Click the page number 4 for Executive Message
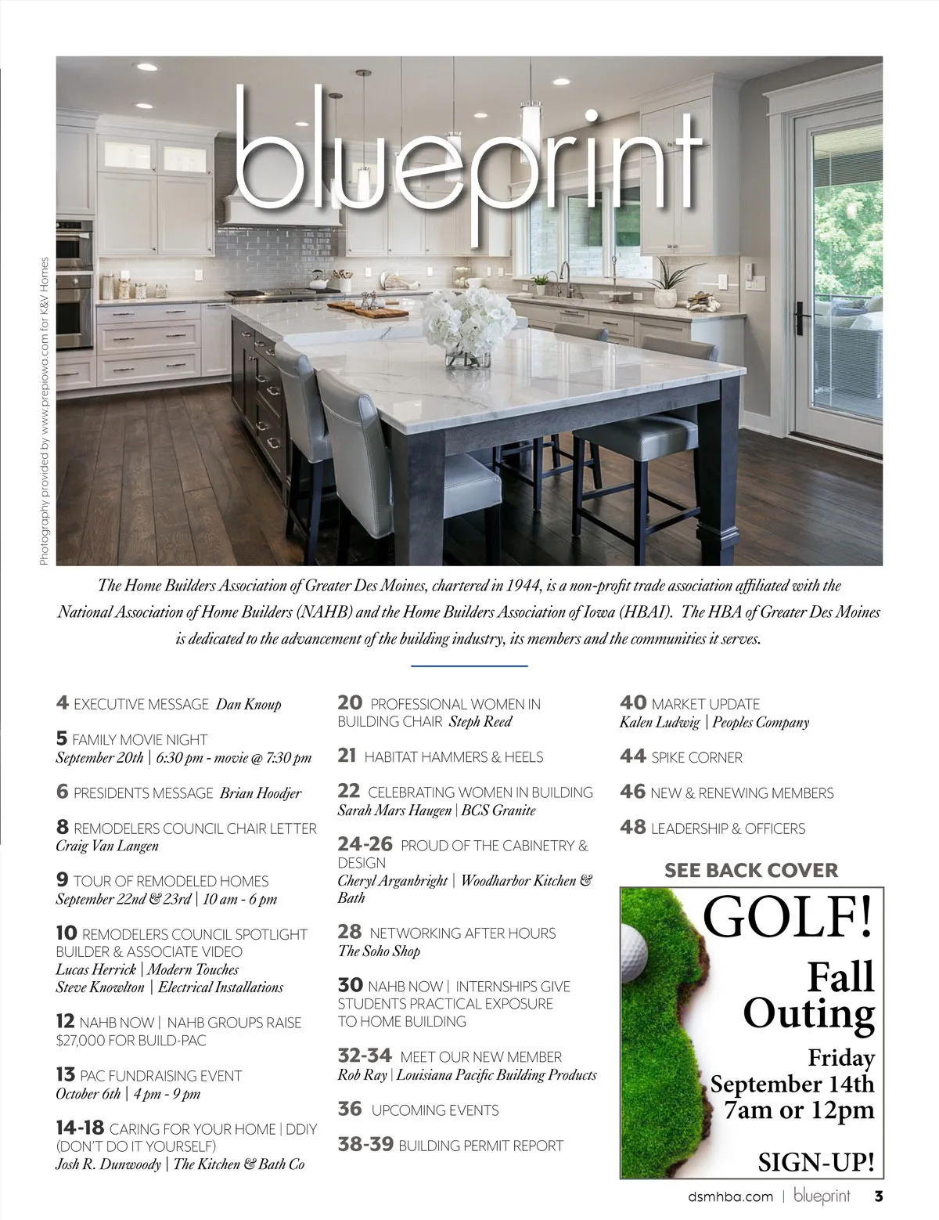coord(63,703)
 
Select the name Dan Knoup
coord(248,704)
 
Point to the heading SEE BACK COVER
coord(750,870)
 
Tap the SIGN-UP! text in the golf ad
coord(816,1162)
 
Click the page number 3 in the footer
coord(878,1196)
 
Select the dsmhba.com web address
coord(730,1197)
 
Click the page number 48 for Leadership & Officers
coord(632,828)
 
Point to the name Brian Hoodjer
coord(261,793)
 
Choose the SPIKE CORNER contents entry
coord(696,758)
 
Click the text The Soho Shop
coord(379,951)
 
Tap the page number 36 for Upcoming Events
coord(350,1110)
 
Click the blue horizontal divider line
coord(469,666)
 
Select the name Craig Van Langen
coord(107,846)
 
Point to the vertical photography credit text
coord(44,411)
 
